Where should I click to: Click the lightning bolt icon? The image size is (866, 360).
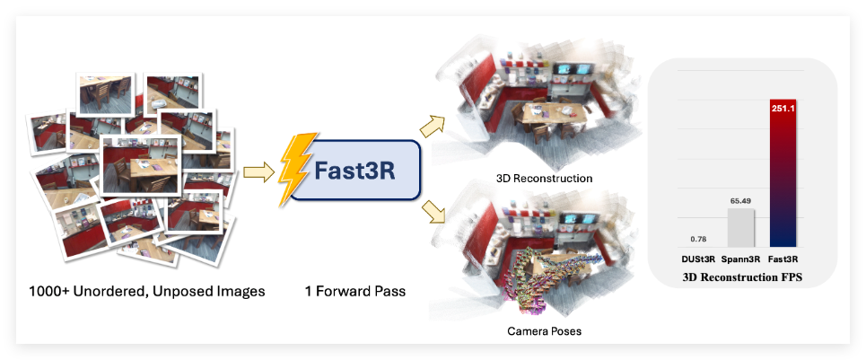coord(297,168)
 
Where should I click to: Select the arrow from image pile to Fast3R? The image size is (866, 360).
coord(258,169)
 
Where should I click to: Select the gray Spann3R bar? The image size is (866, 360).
coord(741,229)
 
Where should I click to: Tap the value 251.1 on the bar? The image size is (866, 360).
coord(783,108)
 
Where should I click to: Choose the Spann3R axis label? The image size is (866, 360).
coord(741,259)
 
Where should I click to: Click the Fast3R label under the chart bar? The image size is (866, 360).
coord(784,259)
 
